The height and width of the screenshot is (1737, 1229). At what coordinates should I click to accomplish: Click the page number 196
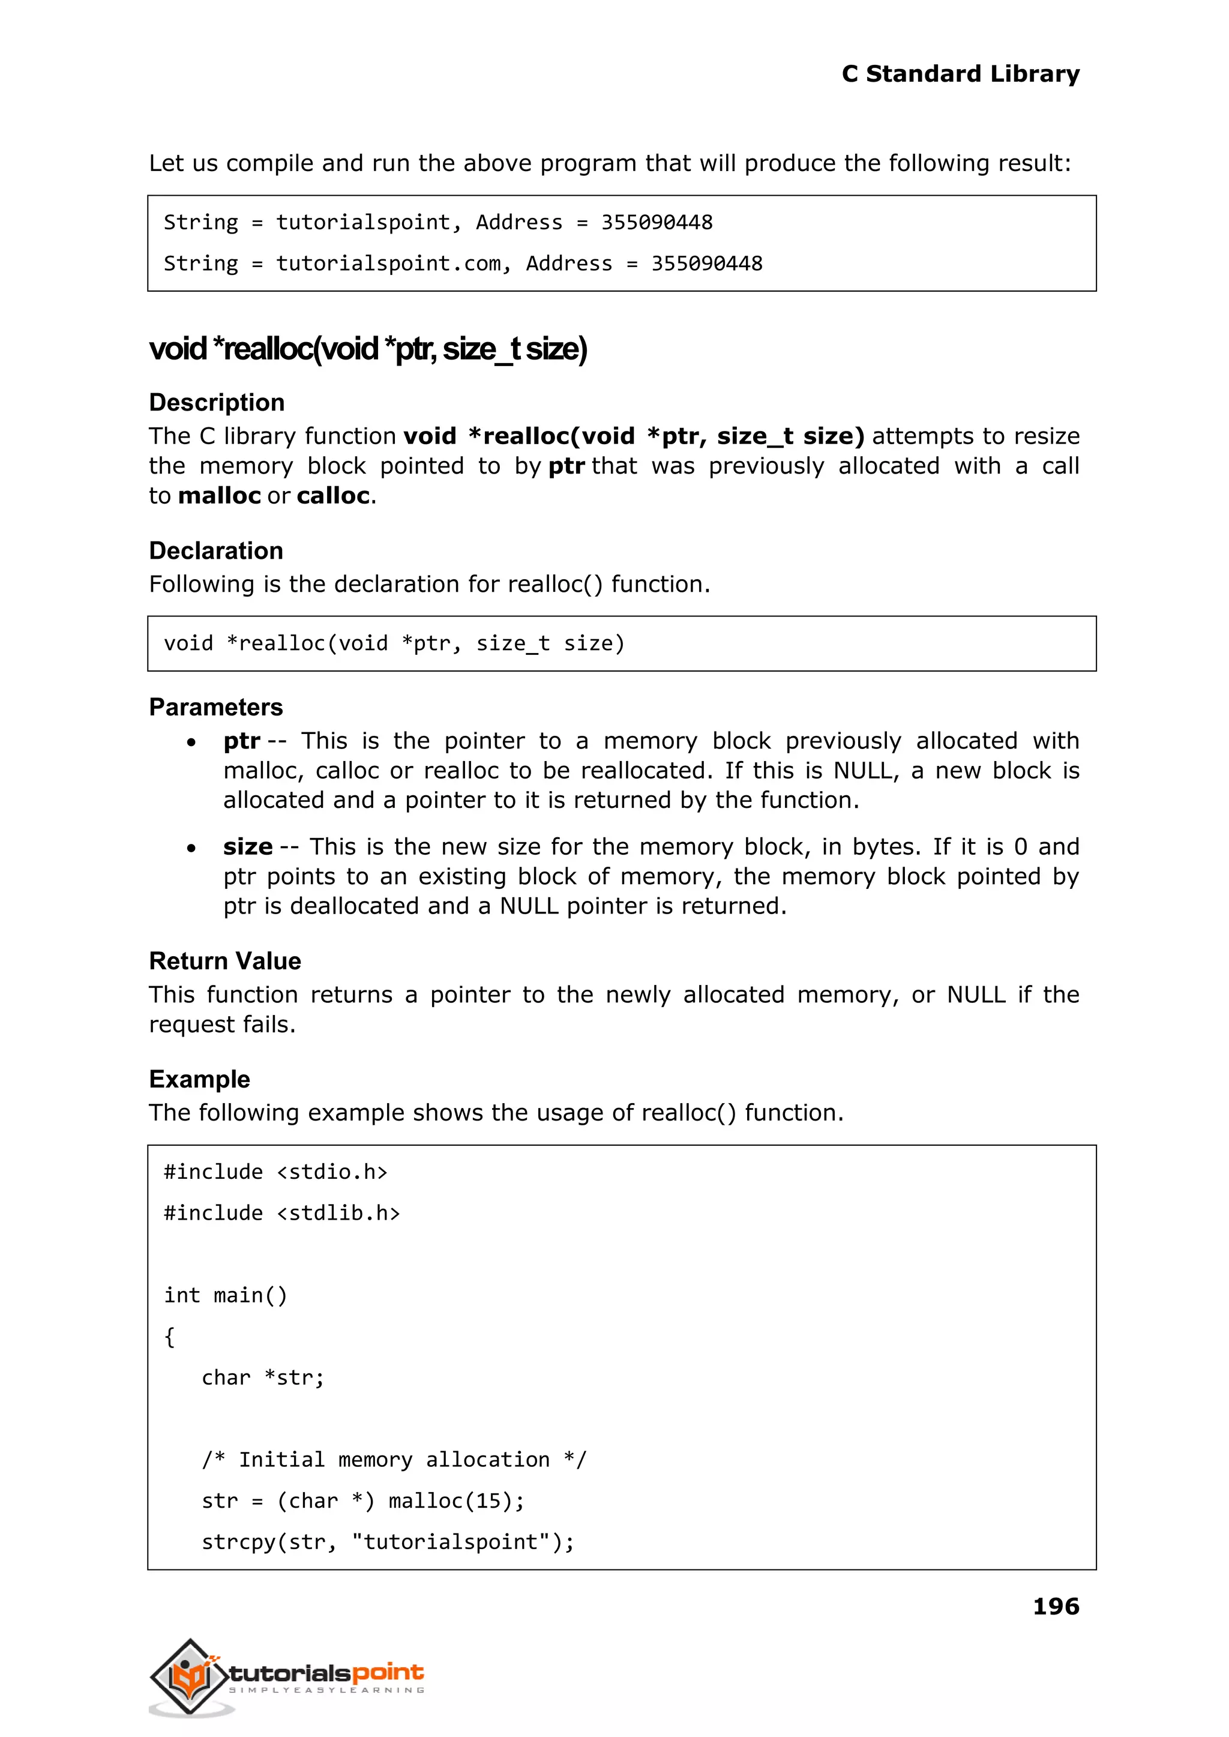point(1056,1606)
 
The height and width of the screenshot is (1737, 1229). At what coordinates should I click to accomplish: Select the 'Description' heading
point(217,402)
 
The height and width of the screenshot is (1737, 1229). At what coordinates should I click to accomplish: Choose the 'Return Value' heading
point(225,960)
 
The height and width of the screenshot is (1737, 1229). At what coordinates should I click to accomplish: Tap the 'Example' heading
point(199,1079)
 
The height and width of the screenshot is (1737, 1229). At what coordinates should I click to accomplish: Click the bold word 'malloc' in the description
point(220,496)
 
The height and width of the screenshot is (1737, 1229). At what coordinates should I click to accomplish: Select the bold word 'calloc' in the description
point(333,496)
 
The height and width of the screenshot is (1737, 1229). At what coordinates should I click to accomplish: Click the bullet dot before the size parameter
point(191,849)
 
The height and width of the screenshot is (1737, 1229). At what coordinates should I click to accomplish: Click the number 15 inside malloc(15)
point(487,1501)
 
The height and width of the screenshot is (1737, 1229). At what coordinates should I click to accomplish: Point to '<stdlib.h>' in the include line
point(338,1213)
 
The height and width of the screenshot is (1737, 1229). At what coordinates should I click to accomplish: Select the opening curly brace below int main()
point(169,1337)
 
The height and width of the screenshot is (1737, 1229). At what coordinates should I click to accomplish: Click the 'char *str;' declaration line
point(263,1377)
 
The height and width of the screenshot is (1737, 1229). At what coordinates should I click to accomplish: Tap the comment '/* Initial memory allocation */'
point(394,1459)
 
